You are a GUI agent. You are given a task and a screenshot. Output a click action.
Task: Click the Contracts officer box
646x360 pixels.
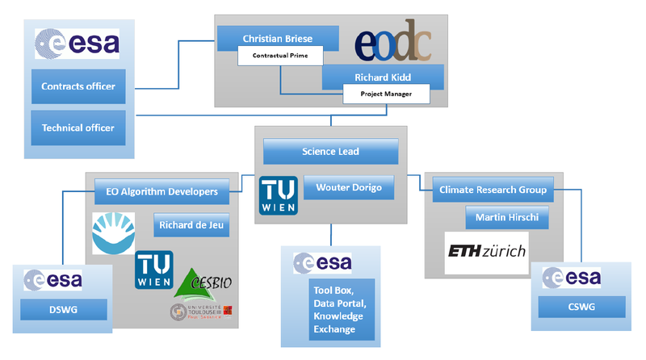pos(78,86)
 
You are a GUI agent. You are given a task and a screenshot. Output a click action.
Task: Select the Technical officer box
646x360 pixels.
pos(78,128)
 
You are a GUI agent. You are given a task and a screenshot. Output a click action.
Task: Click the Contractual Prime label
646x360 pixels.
pos(280,56)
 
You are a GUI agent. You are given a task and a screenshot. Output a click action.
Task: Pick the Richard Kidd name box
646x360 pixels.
pos(383,79)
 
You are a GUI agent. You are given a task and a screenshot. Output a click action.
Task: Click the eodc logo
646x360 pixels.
pos(395,45)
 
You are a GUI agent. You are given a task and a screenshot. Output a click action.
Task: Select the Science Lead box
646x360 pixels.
pos(330,151)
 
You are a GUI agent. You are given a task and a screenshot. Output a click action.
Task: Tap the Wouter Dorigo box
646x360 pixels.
pos(349,187)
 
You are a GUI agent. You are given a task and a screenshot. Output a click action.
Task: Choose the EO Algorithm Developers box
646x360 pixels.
pos(168,192)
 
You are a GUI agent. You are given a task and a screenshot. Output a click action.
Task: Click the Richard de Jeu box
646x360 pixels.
pos(191,225)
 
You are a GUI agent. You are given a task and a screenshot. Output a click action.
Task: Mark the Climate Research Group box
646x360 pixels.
pos(493,190)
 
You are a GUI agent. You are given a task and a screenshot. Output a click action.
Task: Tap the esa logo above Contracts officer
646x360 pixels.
pos(78,43)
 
